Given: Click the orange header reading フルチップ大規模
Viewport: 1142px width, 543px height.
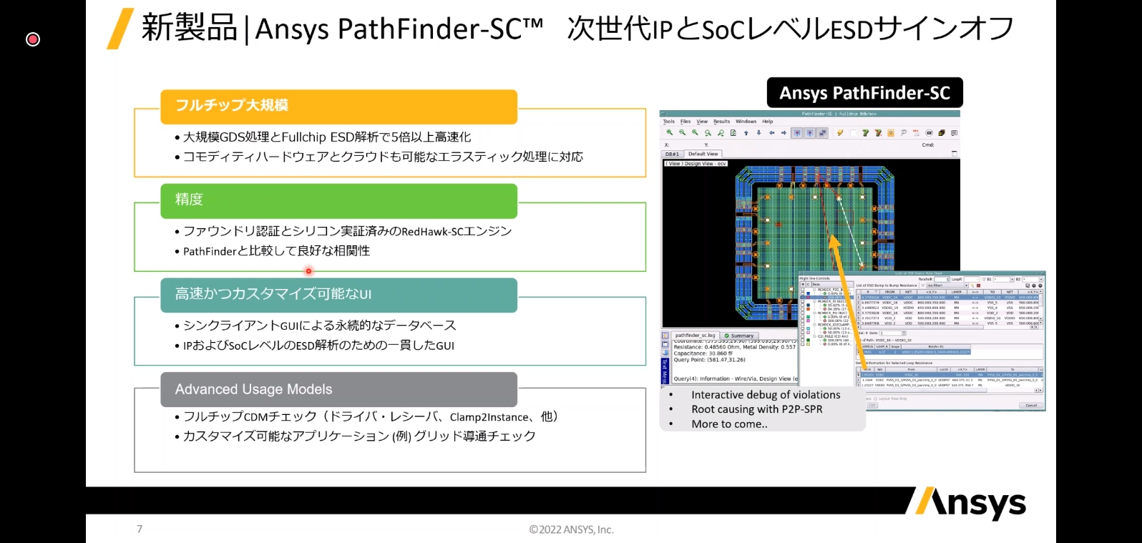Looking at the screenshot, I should click(x=338, y=106).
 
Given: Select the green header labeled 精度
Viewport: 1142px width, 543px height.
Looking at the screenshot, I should click(x=338, y=200).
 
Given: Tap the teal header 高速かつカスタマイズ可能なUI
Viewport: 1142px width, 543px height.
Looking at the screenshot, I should click(x=338, y=295).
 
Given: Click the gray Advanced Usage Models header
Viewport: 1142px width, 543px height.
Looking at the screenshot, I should click(x=338, y=389).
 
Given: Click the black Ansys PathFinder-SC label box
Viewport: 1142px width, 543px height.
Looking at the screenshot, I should click(x=864, y=93).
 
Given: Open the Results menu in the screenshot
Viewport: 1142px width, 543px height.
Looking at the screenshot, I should click(x=721, y=122).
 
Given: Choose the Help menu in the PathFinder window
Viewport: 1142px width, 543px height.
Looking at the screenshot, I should click(x=767, y=122).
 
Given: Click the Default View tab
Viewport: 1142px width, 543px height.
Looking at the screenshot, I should click(x=703, y=154).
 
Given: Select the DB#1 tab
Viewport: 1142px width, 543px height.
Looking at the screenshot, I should click(x=673, y=154).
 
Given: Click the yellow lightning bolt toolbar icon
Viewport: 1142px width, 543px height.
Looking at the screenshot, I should click(x=840, y=133).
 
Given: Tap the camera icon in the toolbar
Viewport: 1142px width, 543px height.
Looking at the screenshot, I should click(x=929, y=133).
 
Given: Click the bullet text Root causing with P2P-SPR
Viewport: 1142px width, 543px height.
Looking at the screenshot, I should click(x=756, y=409).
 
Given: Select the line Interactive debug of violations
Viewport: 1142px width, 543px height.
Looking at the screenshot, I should click(x=765, y=395).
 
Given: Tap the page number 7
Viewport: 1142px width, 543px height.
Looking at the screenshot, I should click(x=140, y=529).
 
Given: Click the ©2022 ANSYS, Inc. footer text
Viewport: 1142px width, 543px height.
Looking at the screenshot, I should click(x=571, y=529).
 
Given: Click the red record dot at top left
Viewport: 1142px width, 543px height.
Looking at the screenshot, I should click(x=33, y=39).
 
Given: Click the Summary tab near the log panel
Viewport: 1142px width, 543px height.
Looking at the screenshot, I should click(x=739, y=336).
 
